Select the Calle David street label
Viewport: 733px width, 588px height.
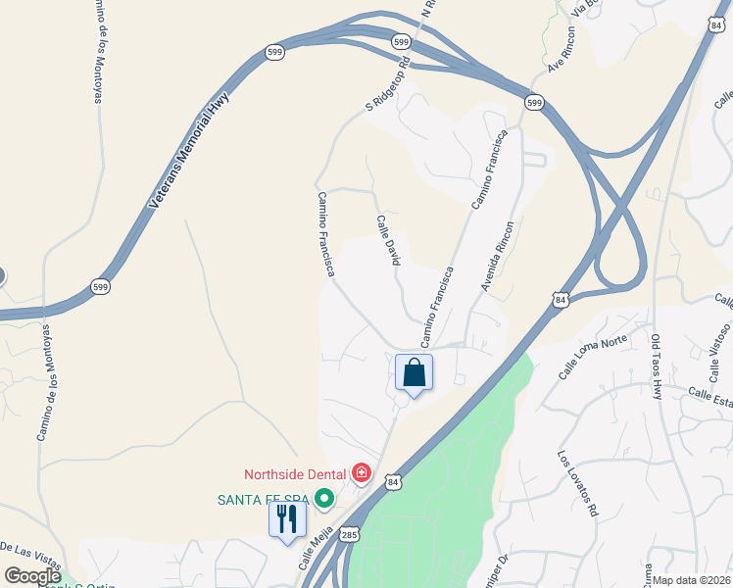pos(389,241)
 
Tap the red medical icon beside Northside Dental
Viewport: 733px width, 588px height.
pos(362,474)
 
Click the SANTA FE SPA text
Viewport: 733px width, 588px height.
pos(263,500)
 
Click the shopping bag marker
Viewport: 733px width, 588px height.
pos(414,373)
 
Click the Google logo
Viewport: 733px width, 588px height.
pos(33,575)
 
